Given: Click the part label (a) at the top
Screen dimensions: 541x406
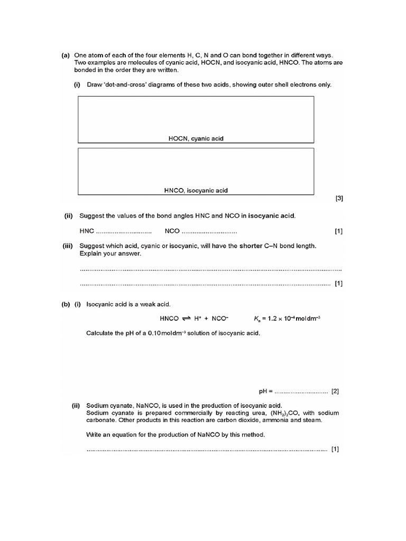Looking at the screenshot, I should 66,55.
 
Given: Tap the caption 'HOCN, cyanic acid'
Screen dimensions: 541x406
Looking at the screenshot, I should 196,138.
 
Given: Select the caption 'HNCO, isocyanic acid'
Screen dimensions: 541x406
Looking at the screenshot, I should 196,190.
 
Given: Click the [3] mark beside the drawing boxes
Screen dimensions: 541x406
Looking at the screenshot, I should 339,199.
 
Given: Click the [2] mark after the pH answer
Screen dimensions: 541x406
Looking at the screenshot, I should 335,391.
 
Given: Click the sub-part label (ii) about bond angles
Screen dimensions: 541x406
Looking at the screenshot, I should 68,216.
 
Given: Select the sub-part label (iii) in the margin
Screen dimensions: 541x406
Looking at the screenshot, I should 68,246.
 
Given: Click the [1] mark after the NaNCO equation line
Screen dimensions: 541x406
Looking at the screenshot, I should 335,450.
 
